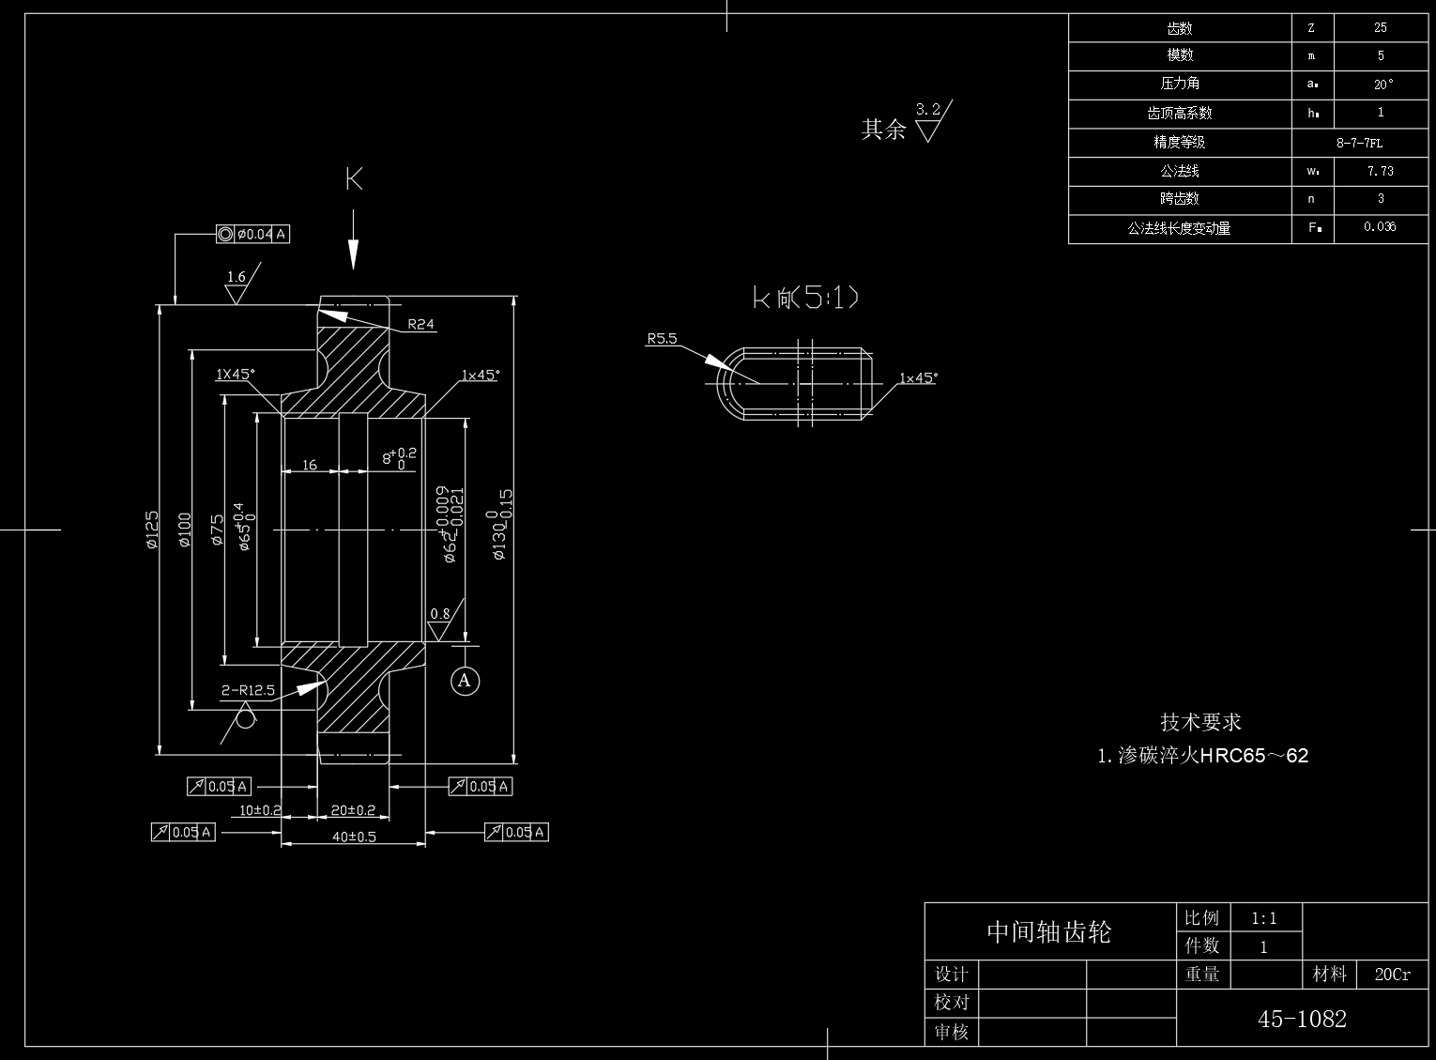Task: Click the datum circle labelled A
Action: (465, 680)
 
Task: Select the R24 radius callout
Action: (420, 325)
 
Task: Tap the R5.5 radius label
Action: (662, 339)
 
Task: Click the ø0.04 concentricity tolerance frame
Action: (252, 234)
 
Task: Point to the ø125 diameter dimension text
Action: (152, 529)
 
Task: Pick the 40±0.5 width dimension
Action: (354, 837)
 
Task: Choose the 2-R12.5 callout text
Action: (248, 691)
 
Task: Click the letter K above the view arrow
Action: (354, 178)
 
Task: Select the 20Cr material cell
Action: (1392, 975)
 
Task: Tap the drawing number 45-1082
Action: (1302, 1019)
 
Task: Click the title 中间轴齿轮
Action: (1048, 931)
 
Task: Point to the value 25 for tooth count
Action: (1380, 28)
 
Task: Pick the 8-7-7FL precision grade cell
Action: (1359, 143)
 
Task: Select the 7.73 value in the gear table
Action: (1380, 171)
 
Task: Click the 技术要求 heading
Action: (1200, 722)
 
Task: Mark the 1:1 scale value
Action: (1263, 918)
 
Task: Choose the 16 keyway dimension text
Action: (310, 464)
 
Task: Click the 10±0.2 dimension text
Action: (260, 809)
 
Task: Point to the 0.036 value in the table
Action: (1380, 227)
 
